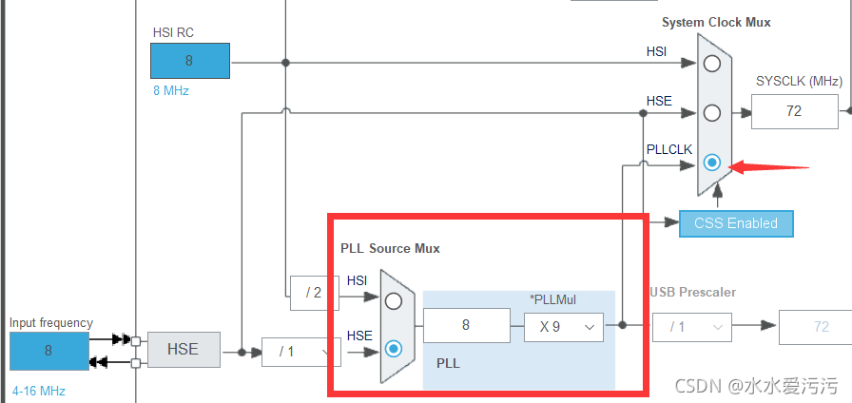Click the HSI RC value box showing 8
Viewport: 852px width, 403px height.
click(189, 61)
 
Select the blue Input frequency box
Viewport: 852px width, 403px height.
click(48, 351)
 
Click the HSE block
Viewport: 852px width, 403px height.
click(183, 350)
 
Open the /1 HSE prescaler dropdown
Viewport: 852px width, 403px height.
click(300, 351)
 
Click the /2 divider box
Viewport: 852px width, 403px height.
click(313, 293)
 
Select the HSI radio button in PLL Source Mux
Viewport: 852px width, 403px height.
click(394, 300)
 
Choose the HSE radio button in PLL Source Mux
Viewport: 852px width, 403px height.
click(394, 349)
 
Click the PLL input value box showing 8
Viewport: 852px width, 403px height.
click(466, 326)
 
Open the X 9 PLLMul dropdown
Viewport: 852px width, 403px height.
click(563, 326)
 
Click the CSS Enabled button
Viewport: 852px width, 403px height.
click(736, 223)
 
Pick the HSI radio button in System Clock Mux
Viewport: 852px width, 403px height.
click(712, 64)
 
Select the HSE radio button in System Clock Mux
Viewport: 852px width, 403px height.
click(712, 113)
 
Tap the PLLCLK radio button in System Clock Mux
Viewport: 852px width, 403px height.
click(712, 163)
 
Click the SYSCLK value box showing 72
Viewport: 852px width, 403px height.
click(794, 111)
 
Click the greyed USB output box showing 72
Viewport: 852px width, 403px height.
click(815, 326)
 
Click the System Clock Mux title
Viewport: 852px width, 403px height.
click(716, 22)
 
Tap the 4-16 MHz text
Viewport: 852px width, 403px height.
click(39, 390)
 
